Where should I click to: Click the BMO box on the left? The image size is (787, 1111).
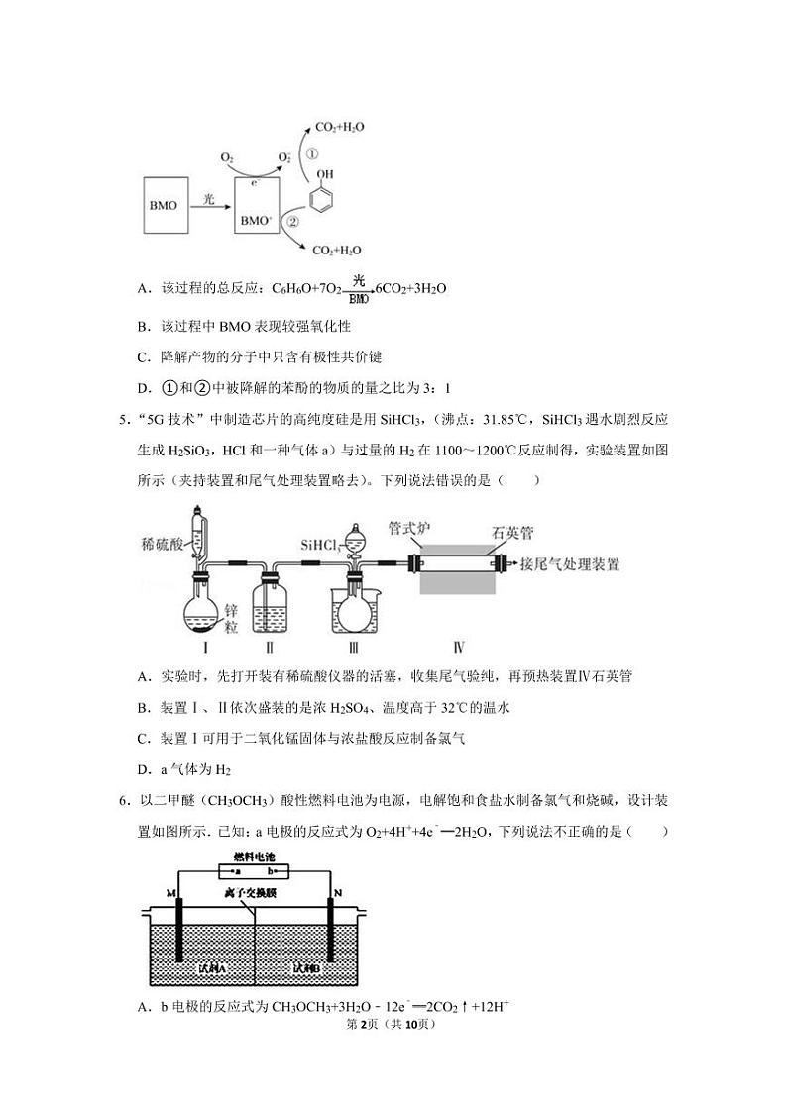164,206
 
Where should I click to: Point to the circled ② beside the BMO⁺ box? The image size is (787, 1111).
293,223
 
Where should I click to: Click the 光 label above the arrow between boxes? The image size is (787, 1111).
209,198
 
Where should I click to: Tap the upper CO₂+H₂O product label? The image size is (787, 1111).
339,128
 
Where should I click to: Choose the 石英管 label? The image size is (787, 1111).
513,532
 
